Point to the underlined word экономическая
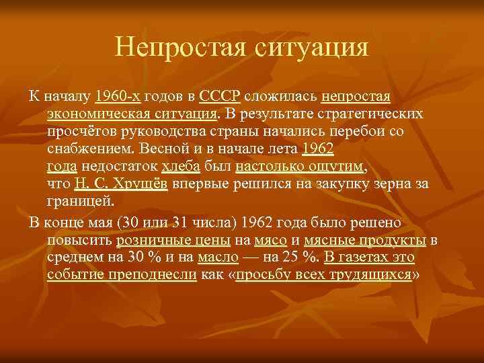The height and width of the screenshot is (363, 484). pyautogui.click(x=98, y=112)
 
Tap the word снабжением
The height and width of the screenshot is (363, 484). pyautogui.click(x=88, y=147)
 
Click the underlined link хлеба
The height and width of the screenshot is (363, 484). pyautogui.click(x=181, y=165)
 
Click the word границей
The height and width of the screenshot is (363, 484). pyautogui.click(x=81, y=201)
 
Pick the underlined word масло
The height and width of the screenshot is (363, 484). pyautogui.click(x=217, y=257)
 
